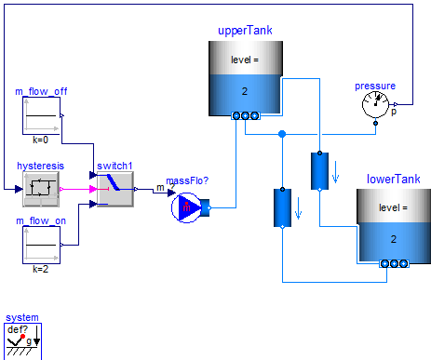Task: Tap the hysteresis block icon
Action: tap(40, 190)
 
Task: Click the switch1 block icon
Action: tap(115, 190)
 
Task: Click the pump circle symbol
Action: tap(186, 207)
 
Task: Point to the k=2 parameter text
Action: tap(40, 268)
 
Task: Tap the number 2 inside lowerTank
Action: tap(393, 239)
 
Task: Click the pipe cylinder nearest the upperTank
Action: tap(319, 170)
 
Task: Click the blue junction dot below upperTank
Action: tap(282, 134)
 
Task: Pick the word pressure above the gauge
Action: tap(374, 86)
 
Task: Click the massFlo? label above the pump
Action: tap(186, 180)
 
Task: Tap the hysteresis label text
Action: tap(40, 165)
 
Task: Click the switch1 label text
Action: tap(115, 165)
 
